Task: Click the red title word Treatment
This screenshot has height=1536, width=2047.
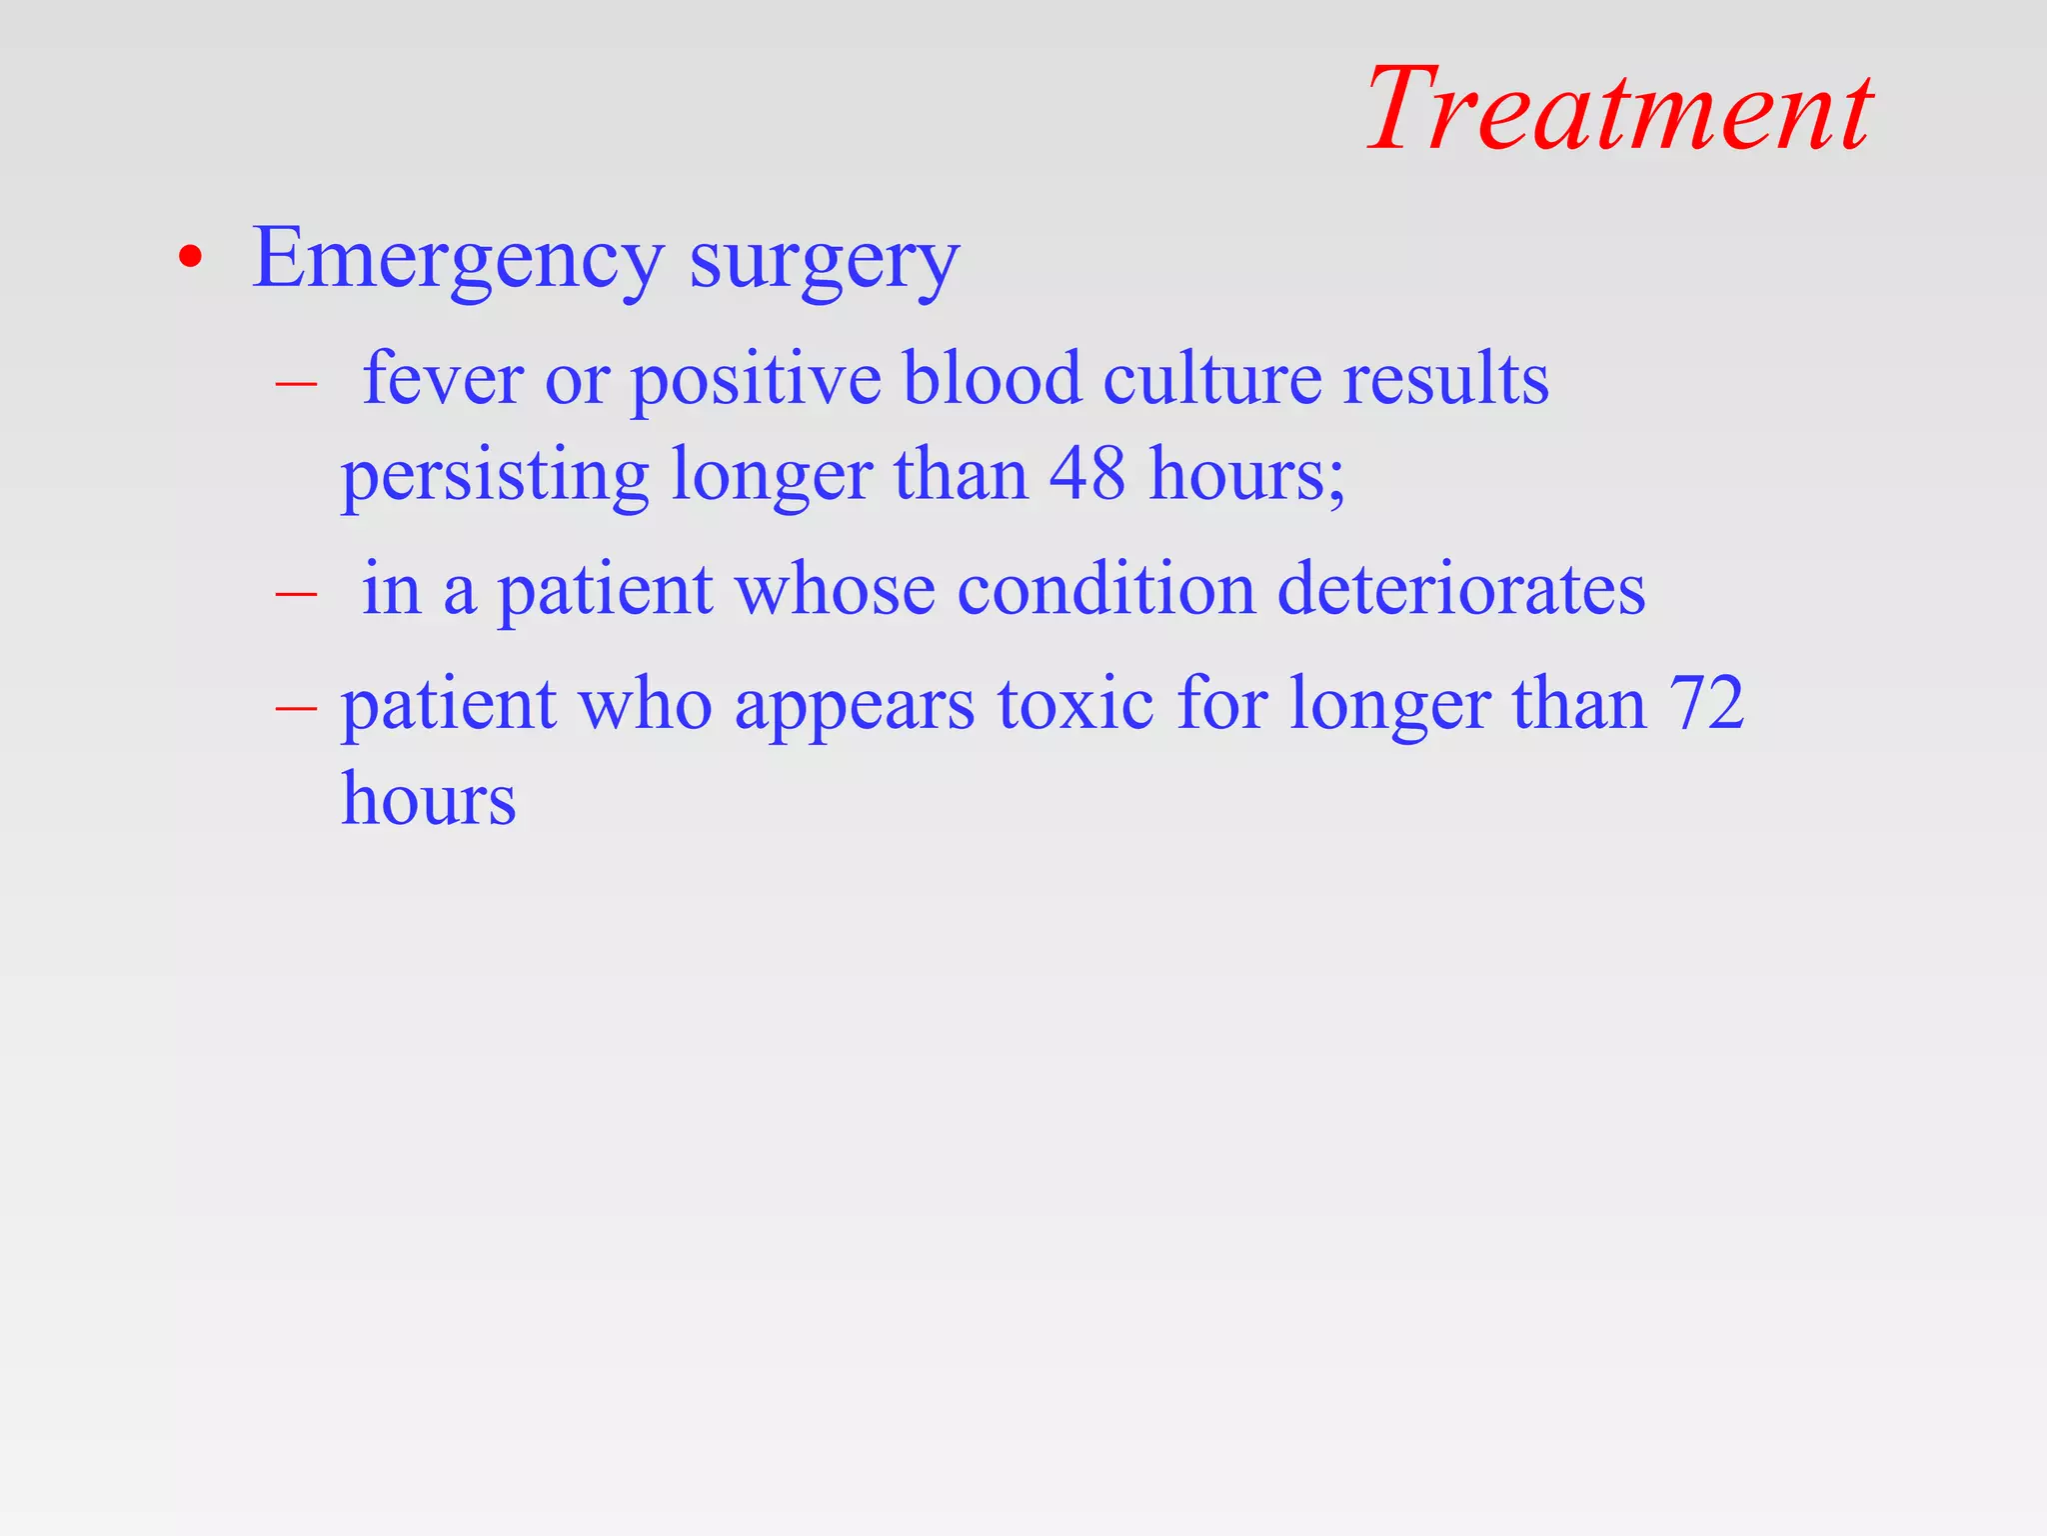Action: [x=1619, y=110]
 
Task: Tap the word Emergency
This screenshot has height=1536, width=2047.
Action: [x=458, y=260]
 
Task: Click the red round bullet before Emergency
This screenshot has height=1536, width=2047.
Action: [x=190, y=259]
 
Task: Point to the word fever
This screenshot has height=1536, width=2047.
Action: [x=443, y=379]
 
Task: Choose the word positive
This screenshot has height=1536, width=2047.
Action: [x=757, y=381]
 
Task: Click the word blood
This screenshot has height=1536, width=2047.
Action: [x=993, y=379]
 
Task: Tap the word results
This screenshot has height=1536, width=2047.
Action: [x=1446, y=379]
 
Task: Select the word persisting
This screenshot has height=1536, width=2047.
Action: [x=496, y=475]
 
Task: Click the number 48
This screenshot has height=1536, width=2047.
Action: [x=1087, y=473]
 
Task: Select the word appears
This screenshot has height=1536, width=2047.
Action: [x=855, y=706]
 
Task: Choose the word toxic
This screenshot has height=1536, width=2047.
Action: [x=1076, y=704]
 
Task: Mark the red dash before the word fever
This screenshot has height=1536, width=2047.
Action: [x=297, y=383]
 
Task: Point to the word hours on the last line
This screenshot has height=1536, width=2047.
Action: [x=429, y=799]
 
